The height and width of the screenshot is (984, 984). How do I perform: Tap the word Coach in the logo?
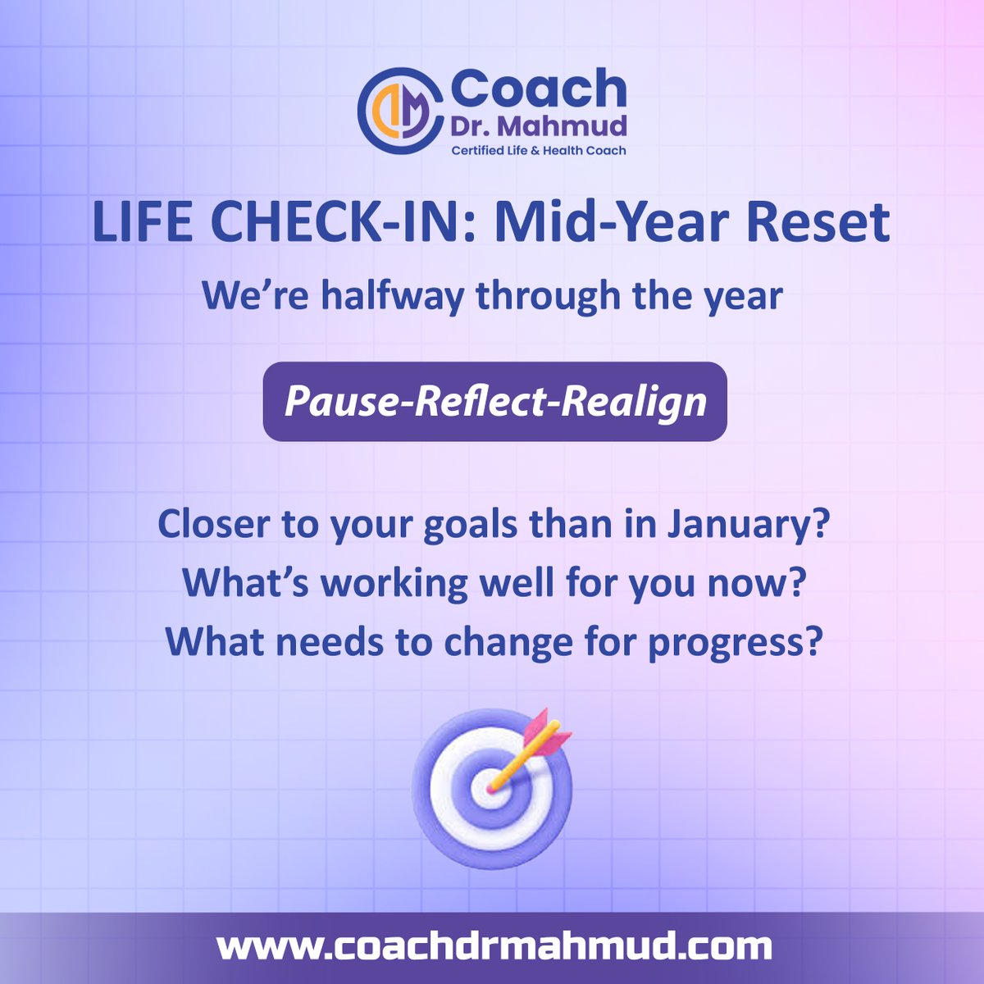tap(539, 89)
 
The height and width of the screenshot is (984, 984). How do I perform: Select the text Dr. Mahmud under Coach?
tap(539, 125)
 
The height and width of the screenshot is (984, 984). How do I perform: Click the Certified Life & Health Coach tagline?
tap(539, 150)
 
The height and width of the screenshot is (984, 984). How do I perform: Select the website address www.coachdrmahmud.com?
tap(494, 947)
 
